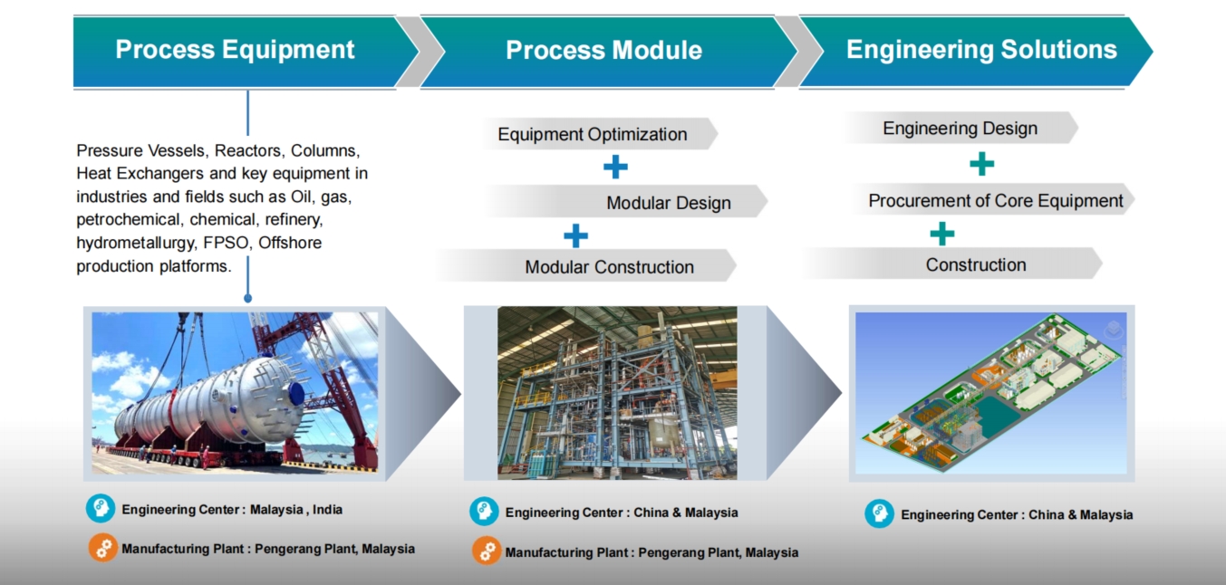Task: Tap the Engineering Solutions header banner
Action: [x=975, y=51]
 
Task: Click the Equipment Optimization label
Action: [x=593, y=135]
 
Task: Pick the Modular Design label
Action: [x=669, y=203]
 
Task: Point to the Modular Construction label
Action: [x=609, y=267]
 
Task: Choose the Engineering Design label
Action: [x=960, y=129]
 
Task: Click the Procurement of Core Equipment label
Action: [x=996, y=201]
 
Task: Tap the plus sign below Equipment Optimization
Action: [x=615, y=167]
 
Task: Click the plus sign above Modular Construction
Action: [x=575, y=235]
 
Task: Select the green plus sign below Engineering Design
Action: [x=982, y=164]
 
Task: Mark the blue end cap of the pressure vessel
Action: [x=296, y=394]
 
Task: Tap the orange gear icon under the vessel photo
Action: [x=103, y=548]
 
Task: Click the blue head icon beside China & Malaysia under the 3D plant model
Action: [x=880, y=513]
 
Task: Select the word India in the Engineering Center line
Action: [x=327, y=510]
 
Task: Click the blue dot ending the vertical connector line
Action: [x=248, y=299]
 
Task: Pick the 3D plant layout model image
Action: [x=991, y=393]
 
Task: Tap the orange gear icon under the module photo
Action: [x=487, y=551]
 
